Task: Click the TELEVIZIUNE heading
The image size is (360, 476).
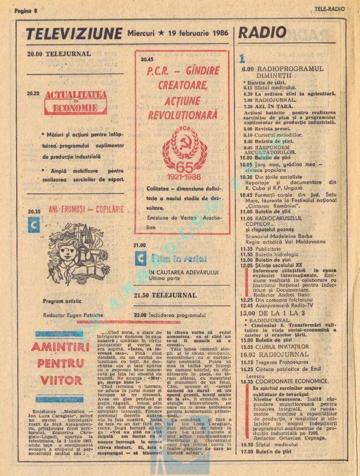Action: pyautogui.click(x=74, y=33)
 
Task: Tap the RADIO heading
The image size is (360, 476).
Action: pyautogui.click(x=263, y=33)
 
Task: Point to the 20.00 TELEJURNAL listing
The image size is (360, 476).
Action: pyautogui.click(x=59, y=53)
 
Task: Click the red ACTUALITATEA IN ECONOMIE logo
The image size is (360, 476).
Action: pyautogui.click(x=76, y=102)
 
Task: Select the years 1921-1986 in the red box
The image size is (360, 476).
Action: pyautogui.click(x=185, y=177)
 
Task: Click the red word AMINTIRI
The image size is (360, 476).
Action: pyautogui.click(x=60, y=347)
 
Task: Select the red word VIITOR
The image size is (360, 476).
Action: pyautogui.click(x=61, y=380)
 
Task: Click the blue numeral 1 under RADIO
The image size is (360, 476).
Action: pyautogui.click(x=242, y=59)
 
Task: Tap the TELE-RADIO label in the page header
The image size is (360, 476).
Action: pyautogui.click(x=330, y=9)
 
